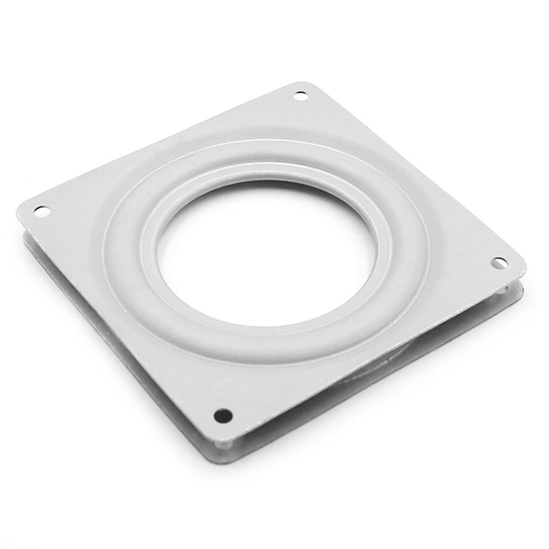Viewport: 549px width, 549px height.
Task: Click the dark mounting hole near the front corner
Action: click(223, 416)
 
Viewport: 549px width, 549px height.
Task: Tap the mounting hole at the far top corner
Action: click(301, 96)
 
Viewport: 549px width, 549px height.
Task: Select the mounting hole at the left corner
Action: click(42, 211)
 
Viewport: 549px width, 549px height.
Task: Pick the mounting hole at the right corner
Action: click(499, 263)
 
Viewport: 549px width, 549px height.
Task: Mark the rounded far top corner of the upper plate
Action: click(305, 84)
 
